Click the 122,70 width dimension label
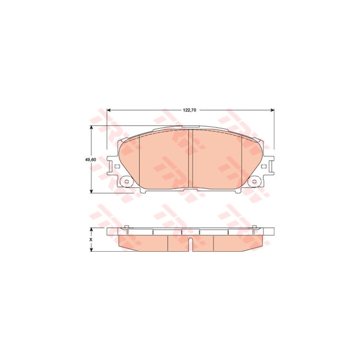(189, 110)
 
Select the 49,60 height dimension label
(91, 159)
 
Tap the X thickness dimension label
(91, 239)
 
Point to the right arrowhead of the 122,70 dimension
(273, 110)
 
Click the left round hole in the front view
(126, 181)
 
